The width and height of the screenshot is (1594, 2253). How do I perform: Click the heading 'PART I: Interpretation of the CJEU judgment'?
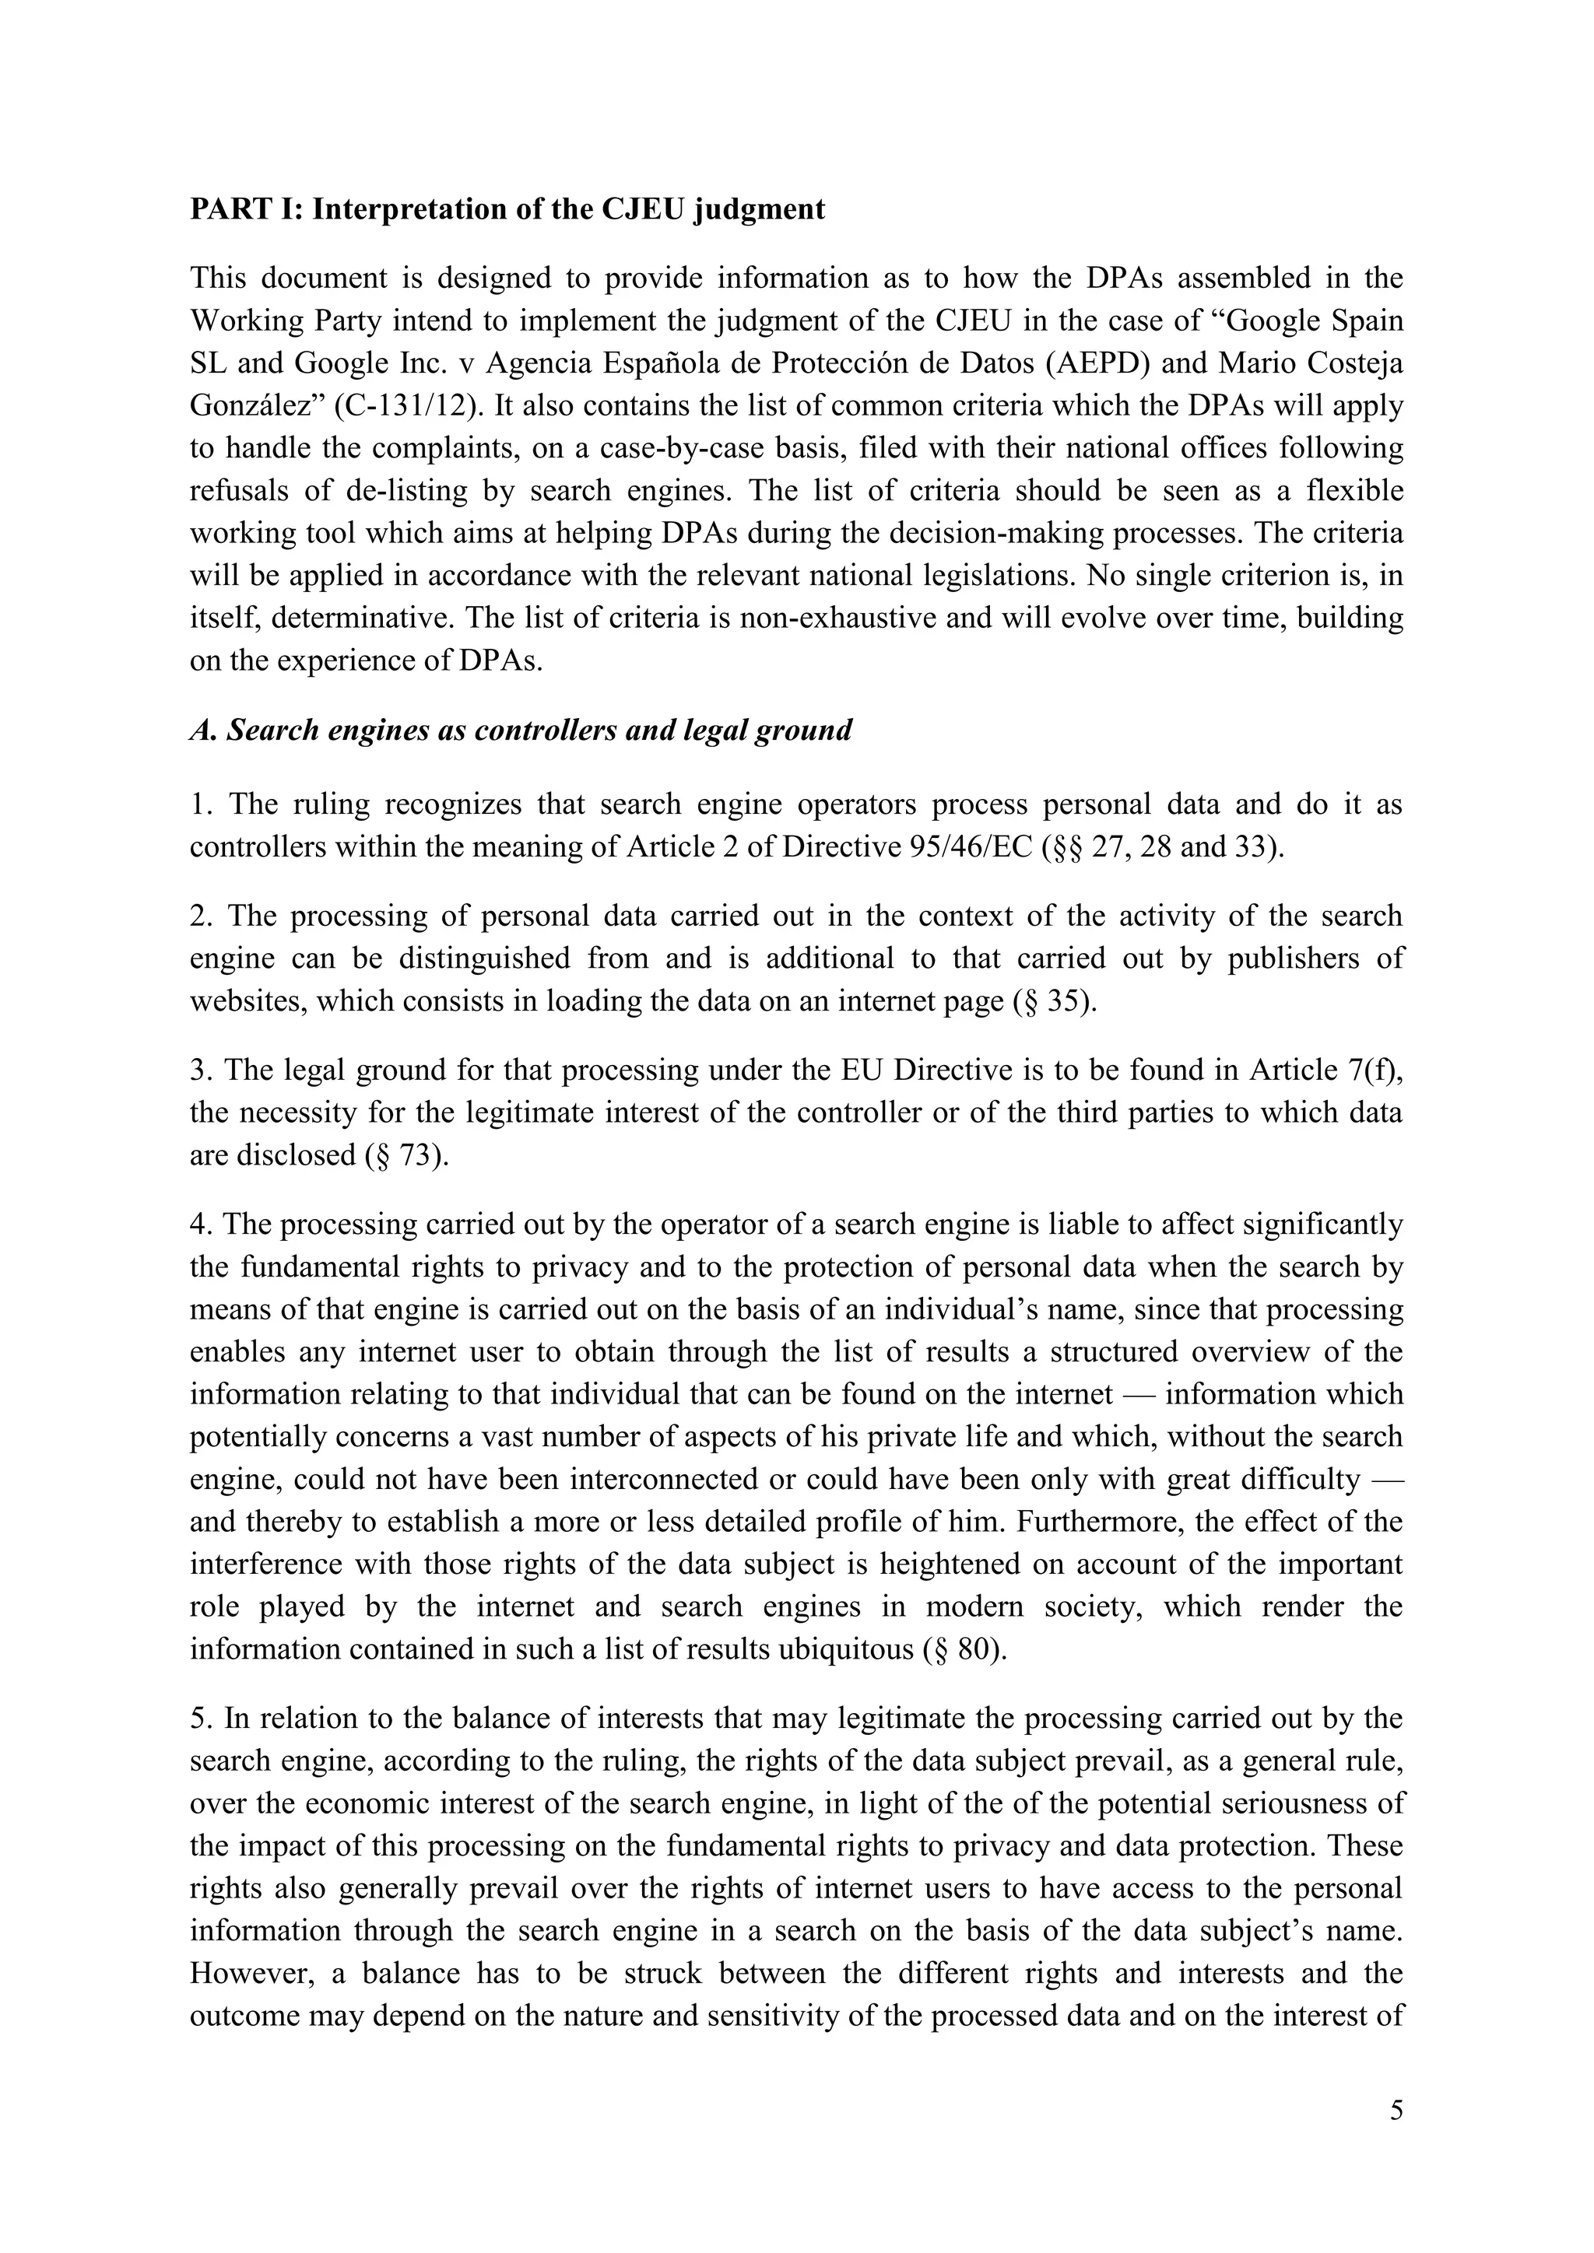pos(507,209)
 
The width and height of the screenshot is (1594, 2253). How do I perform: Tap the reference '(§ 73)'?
pos(406,1155)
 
